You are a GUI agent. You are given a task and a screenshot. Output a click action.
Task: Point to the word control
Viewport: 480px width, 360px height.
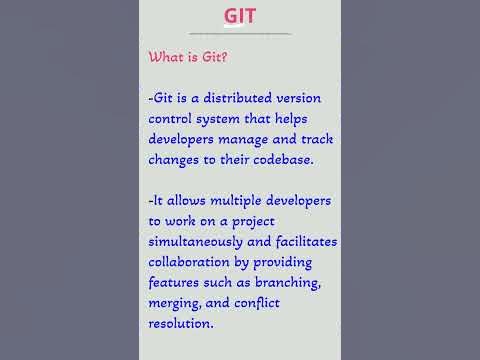click(x=174, y=119)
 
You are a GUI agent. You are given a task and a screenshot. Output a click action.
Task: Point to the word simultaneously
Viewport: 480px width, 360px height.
click(x=200, y=242)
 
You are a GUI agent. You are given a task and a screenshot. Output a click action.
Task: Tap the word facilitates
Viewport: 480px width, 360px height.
click(x=300, y=242)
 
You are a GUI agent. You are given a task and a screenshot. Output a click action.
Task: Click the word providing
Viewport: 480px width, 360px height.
click(x=297, y=262)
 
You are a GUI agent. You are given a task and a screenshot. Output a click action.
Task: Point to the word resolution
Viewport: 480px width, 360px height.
click(x=181, y=323)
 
